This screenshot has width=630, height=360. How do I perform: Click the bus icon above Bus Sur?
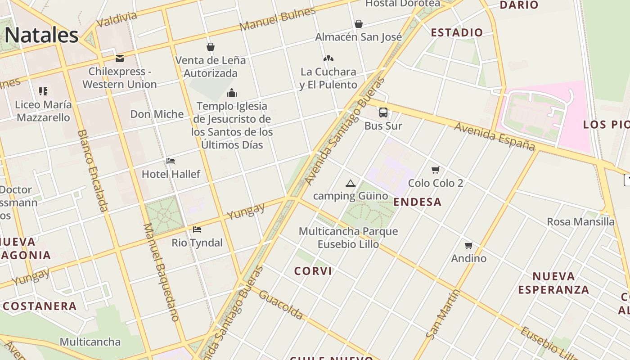click(x=383, y=112)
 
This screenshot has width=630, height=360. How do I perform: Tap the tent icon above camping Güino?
click(x=351, y=183)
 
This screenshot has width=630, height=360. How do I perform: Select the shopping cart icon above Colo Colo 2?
click(x=435, y=170)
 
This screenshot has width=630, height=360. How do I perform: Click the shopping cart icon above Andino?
click(x=469, y=245)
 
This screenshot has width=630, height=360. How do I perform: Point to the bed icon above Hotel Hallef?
click(x=171, y=161)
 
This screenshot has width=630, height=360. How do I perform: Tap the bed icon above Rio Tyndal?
click(x=197, y=229)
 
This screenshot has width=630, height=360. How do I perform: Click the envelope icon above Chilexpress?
click(x=120, y=58)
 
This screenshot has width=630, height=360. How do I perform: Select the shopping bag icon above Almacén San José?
click(x=359, y=24)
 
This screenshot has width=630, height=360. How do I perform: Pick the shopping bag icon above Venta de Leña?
click(x=210, y=47)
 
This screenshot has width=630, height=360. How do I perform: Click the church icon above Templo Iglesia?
click(x=232, y=93)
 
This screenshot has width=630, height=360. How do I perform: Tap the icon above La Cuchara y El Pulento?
click(x=328, y=58)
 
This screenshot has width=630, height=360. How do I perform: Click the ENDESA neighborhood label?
click(x=418, y=202)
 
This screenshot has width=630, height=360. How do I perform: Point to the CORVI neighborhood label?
click(x=313, y=271)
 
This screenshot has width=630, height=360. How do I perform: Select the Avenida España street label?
click(x=495, y=136)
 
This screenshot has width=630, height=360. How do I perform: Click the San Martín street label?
click(x=443, y=314)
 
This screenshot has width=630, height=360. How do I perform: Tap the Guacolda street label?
click(x=281, y=305)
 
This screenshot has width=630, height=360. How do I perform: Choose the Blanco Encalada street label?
click(x=93, y=171)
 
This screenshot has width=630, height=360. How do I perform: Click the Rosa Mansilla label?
click(x=580, y=221)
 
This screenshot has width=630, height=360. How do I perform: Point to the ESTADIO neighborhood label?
click(x=457, y=32)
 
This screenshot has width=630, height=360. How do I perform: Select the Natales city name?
click(x=42, y=35)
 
